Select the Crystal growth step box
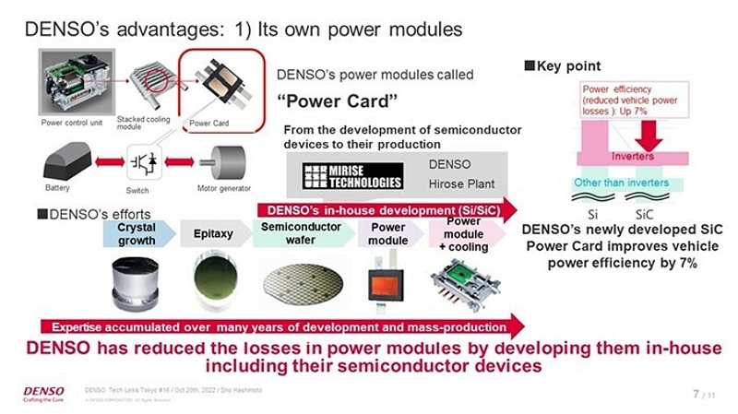tap(137, 234)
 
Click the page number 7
tap(696, 396)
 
